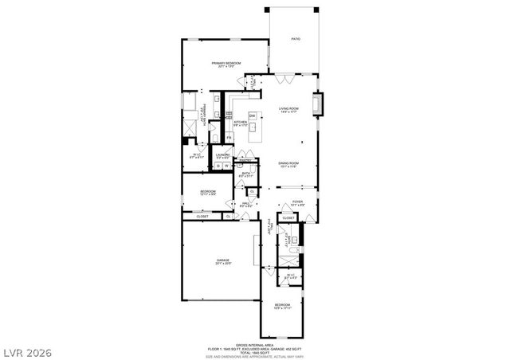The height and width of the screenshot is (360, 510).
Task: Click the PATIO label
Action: point(295,37)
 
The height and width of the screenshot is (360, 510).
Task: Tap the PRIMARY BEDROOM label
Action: point(226,63)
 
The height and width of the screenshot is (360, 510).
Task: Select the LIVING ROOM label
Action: point(288,108)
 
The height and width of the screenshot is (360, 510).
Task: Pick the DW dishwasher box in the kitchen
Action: point(252,116)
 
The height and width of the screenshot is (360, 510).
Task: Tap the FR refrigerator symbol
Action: point(229,139)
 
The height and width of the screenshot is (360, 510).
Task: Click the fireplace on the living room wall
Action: point(320,104)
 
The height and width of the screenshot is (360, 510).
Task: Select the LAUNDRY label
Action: point(223,155)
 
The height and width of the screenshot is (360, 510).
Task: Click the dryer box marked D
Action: point(218,166)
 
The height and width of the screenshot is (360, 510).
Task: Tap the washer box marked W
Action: point(227,166)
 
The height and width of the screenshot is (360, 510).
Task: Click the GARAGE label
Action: point(222,260)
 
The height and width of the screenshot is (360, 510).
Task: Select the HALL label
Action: point(246,203)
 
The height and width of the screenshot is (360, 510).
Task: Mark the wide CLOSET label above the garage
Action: point(202,216)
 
